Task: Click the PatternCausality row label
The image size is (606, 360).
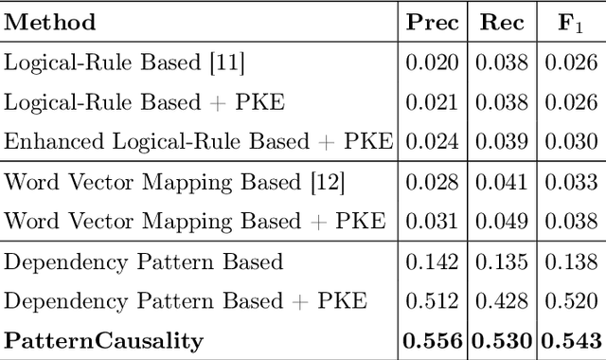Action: pyautogui.click(x=104, y=340)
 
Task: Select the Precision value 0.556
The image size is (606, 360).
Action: pyautogui.click(x=433, y=340)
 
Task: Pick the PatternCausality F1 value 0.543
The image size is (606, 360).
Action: pyautogui.click(x=571, y=340)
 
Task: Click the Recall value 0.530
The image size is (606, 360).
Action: pyautogui.click(x=503, y=340)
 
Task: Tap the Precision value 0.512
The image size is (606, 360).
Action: pyautogui.click(x=433, y=301)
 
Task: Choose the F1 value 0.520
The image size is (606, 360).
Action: pyautogui.click(x=571, y=301)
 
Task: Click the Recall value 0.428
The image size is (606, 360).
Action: pyautogui.click(x=503, y=301)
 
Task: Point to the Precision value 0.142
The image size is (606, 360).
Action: pyautogui.click(x=433, y=261)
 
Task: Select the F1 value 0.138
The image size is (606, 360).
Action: pyautogui.click(x=571, y=261)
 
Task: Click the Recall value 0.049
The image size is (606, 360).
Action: pyautogui.click(x=503, y=221)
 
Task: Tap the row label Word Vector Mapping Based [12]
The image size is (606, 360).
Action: pyautogui.click(x=174, y=181)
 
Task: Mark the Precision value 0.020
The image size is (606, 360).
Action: pyautogui.click(x=433, y=63)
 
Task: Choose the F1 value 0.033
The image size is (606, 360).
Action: pyautogui.click(x=571, y=181)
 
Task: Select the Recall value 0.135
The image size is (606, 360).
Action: pyautogui.click(x=503, y=261)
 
